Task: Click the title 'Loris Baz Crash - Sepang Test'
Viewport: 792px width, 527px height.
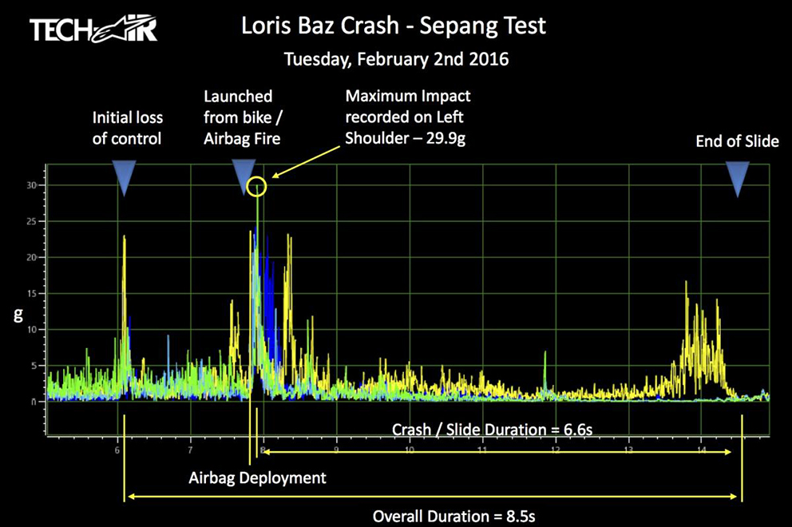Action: click(394, 26)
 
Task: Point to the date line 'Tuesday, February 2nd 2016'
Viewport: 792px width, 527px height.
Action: click(397, 59)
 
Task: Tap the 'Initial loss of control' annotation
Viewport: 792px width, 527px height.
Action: click(127, 128)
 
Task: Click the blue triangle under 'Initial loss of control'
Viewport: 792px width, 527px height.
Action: click(124, 176)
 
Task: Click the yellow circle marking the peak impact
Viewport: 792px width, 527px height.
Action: click(256, 187)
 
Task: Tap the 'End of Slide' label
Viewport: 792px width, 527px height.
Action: click(737, 141)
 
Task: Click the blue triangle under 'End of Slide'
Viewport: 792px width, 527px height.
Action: click(738, 177)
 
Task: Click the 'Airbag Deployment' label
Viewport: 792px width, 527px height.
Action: click(257, 478)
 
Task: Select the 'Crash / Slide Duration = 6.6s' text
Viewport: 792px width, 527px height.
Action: click(492, 430)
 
